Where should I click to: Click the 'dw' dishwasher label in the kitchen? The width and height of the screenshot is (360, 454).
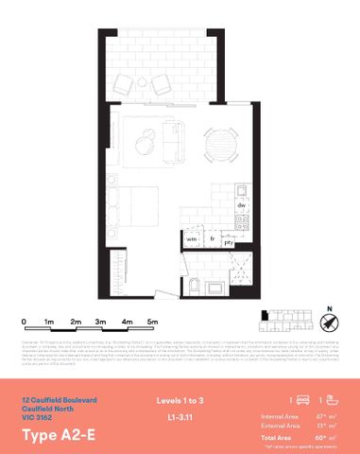click(241, 205)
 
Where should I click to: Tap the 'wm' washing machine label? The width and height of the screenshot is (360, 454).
click(191, 240)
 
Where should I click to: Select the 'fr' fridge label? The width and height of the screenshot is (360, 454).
click(213, 240)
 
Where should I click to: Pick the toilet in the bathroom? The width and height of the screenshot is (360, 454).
click(193, 286)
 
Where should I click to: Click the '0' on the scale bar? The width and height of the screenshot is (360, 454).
click(24, 322)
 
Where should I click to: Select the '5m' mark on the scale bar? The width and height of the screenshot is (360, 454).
click(151, 322)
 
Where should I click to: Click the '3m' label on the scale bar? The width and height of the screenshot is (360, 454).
click(100, 322)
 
